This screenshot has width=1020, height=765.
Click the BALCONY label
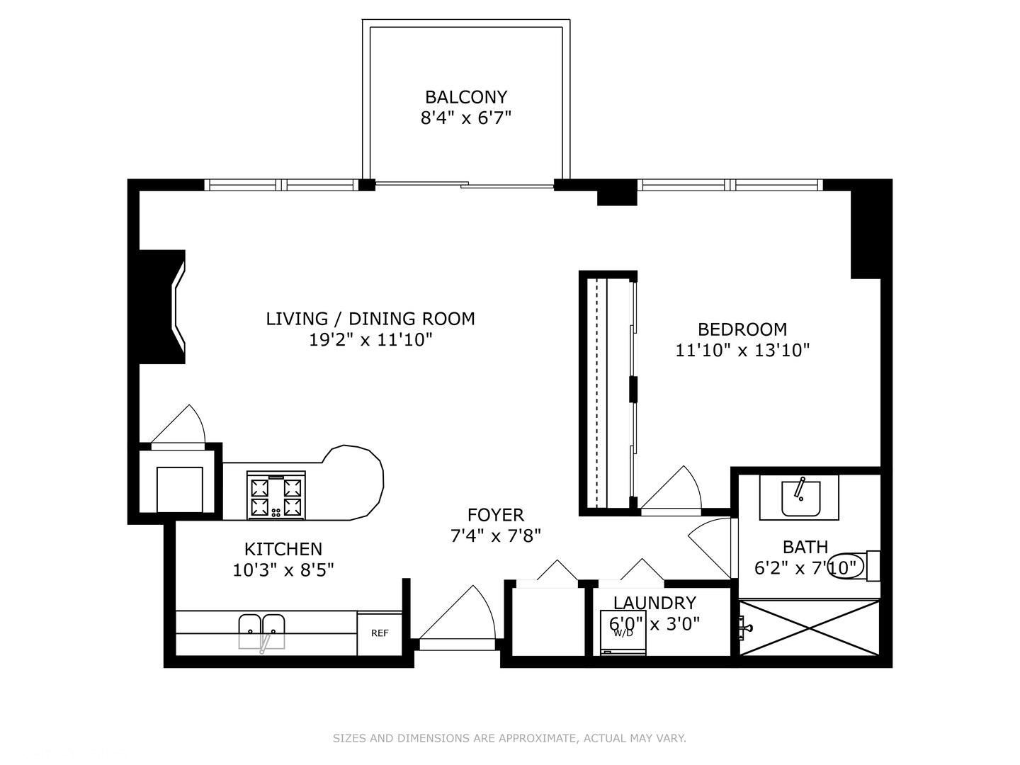pyautogui.click(x=465, y=97)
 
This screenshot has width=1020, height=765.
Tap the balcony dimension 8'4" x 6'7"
pyautogui.click(x=465, y=118)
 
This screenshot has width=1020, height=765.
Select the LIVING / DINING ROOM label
pyautogui.click(x=370, y=319)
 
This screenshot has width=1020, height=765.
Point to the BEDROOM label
pyautogui.click(x=742, y=330)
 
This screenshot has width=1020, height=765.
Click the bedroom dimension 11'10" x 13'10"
pyautogui.click(x=742, y=350)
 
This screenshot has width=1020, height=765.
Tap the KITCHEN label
pyautogui.click(x=283, y=549)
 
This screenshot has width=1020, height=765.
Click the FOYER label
pyautogui.click(x=495, y=515)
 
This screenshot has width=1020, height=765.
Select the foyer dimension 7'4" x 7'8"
pyautogui.click(x=495, y=536)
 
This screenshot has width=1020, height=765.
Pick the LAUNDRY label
pyautogui.click(x=654, y=603)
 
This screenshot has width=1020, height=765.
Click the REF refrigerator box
pyautogui.click(x=379, y=633)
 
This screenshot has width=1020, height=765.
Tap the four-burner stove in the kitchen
pyautogui.click(x=276, y=495)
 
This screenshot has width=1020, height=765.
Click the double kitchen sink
pyautogui.click(x=261, y=632)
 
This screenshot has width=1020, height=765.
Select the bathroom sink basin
pyautogui.click(x=800, y=499)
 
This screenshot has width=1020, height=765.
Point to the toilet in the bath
pyautogui.click(x=854, y=566)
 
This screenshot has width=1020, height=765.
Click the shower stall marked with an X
pyautogui.click(x=809, y=628)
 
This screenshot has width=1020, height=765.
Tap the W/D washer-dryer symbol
pyautogui.click(x=623, y=633)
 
